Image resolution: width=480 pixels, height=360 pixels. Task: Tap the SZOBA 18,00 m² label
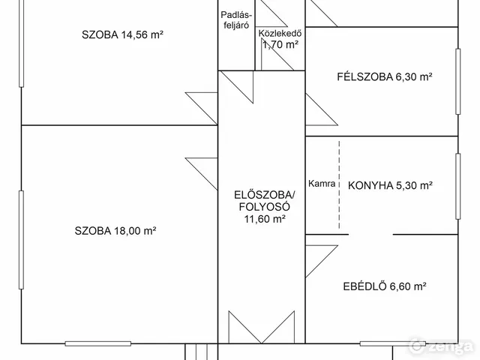pyautogui.click(x=115, y=231)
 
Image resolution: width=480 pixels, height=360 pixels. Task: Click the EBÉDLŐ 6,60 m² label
pyautogui.click(x=385, y=286)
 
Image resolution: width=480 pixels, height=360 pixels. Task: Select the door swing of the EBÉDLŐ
pyautogui.click(x=319, y=259)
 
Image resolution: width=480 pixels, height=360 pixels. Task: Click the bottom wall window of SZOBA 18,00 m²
pyautogui.click(x=93, y=343)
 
